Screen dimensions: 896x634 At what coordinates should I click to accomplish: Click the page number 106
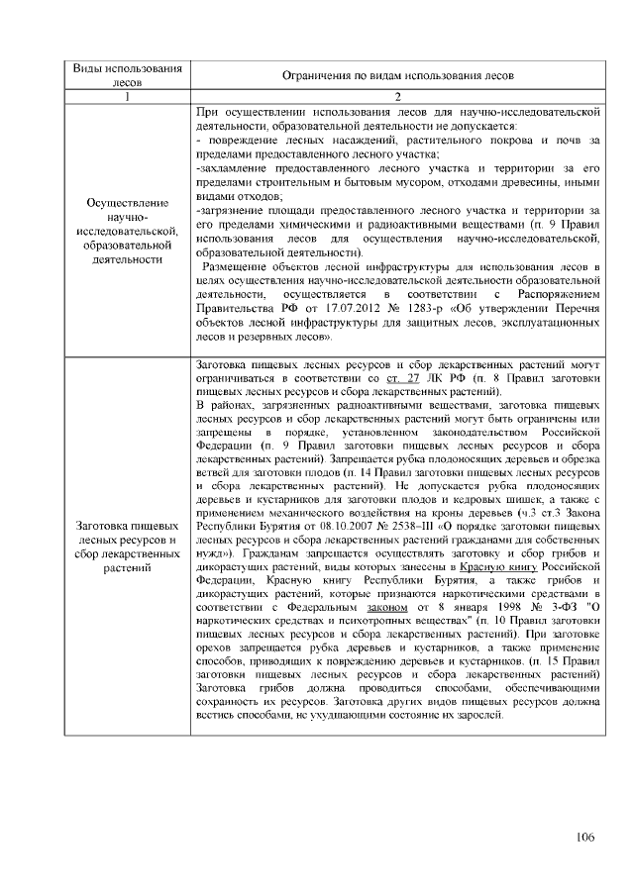(584, 838)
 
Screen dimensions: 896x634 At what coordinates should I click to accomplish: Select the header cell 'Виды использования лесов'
(129, 75)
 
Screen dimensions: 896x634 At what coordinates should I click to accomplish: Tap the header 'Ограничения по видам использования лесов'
(397, 76)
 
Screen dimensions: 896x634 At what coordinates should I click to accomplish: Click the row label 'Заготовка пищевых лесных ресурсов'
(129, 547)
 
